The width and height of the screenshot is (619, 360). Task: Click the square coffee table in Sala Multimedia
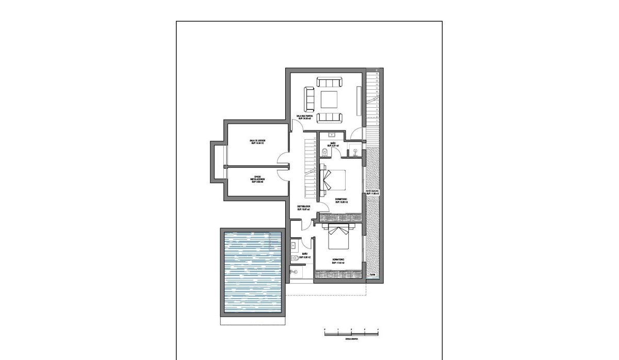329,99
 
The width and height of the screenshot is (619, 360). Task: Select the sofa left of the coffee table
309,99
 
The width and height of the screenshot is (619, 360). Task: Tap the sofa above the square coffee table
329,83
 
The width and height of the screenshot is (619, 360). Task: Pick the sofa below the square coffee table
329,118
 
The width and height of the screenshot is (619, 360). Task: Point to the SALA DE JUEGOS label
257,142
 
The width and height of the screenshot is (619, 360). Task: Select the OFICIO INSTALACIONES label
257,179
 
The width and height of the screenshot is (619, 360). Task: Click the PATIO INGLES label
372,192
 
